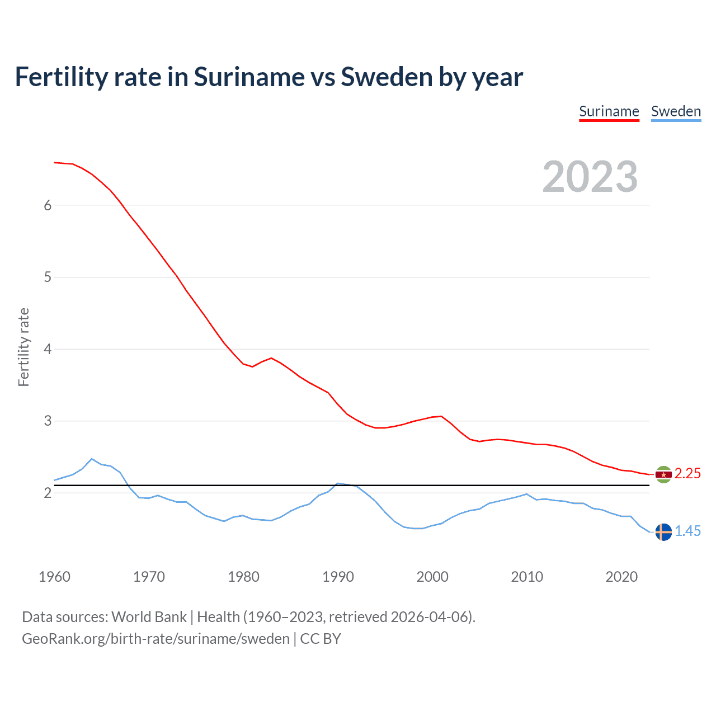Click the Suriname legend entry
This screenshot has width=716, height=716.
609,111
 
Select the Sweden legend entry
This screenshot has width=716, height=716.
676,111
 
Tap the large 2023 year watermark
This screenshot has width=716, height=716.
590,177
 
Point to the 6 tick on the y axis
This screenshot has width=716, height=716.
48,205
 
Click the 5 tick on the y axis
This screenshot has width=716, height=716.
48,277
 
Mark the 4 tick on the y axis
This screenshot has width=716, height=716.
48,349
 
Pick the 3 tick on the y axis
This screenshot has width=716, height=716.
48,421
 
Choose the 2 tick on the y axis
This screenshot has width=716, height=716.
48,493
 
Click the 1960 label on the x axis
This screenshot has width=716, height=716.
54,577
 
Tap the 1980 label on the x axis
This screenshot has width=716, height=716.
243,577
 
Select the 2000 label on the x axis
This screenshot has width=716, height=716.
432,577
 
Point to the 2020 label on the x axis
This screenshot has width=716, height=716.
621,577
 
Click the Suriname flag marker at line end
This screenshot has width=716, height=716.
663,474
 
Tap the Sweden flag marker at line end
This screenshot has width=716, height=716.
663,532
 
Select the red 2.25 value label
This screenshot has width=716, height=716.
687,474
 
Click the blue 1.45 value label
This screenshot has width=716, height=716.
687,531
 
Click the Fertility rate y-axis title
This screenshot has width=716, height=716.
23,347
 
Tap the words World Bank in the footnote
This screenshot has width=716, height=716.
149,617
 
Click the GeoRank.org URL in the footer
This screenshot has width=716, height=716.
156,639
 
